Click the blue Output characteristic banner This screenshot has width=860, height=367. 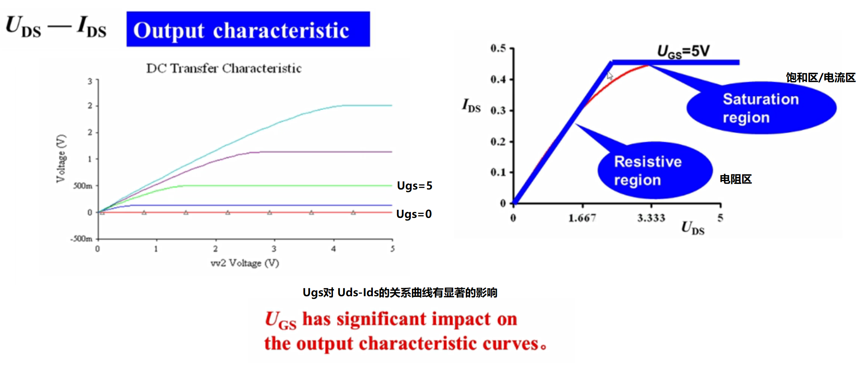[x=248, y=29]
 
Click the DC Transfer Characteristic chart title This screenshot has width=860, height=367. [x=224, y=68]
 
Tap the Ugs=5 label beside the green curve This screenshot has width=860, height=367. [x=414, y=186]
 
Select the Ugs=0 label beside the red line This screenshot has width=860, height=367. [x=414, y=214]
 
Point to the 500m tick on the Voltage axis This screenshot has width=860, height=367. [x=83, y=186]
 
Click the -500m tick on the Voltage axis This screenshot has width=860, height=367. [x=82, y=239]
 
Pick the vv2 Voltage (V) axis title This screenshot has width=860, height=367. [x=245, y=263]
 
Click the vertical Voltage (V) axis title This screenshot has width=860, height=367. [x=61, y=159]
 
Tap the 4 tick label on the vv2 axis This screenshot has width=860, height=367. [x=333, y=249]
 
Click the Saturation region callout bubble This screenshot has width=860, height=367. [x=761, y=108]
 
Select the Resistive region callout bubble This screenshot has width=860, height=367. [x=655, y=170]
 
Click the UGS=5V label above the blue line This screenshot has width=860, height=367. [x=683, y=52]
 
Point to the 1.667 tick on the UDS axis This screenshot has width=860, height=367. [x=582, y=218]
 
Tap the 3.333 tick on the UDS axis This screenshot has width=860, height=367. [x=651, y=218]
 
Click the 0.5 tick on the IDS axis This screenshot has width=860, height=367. [x=498, y=48]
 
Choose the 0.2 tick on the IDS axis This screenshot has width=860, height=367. [x=498, y=142]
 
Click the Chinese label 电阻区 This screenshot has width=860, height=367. [x=736, y=179]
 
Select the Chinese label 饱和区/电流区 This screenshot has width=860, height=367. [x=821, y=78]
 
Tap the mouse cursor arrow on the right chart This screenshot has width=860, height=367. [x=609, y=76]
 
